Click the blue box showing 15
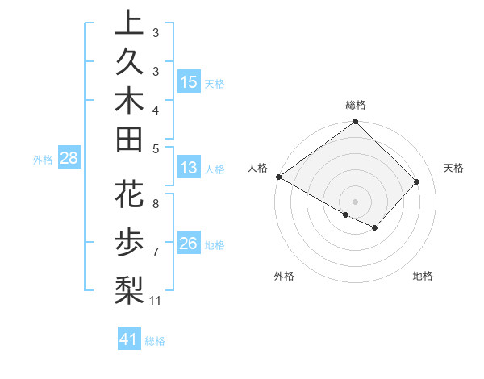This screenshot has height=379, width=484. coord(188,81)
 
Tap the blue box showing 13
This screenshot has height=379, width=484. coord(188,169)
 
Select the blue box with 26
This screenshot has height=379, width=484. coord(188,244)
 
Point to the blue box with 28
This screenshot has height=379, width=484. coord(69,158)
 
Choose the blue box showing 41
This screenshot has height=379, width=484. coord(129,339)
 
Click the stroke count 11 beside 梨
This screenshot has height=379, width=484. coord(156,301)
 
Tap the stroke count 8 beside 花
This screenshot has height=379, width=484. coord(155,204)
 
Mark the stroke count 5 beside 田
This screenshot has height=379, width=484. coord(155,148)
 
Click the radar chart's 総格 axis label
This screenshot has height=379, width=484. coord(356,105)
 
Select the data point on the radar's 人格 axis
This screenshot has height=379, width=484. coord(279,177)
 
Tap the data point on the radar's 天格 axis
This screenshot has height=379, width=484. coord(417,182)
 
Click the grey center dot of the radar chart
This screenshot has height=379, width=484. coord(355,201)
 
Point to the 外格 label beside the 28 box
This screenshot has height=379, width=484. coord(42,159)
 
